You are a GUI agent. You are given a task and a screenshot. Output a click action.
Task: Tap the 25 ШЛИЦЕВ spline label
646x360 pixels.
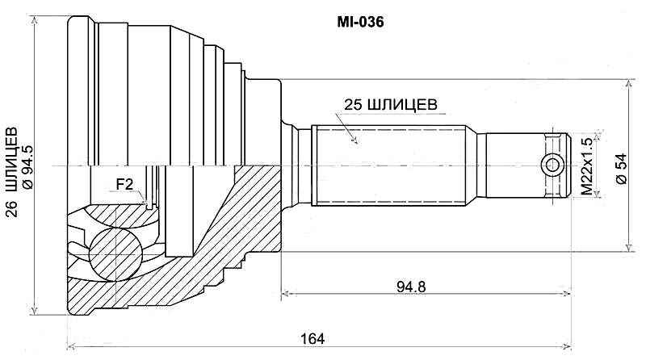(x=391, y=105)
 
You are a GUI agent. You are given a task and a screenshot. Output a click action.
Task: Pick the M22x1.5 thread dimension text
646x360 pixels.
(x=587, y=166)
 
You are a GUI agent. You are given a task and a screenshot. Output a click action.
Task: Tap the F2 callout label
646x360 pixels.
(x=124, y=184)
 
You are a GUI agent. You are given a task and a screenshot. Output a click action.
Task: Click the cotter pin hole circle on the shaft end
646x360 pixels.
(x=553, y=165)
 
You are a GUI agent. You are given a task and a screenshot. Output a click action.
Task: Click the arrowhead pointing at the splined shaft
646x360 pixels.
(x=353, y=141)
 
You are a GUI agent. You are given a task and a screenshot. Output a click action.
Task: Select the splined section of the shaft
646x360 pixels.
(x=388, y=165)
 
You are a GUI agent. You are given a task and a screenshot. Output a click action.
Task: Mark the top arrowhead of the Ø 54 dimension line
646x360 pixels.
(x=628, y=83)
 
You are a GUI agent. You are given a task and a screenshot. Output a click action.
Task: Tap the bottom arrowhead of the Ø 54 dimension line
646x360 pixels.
(x=628, y=249)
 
